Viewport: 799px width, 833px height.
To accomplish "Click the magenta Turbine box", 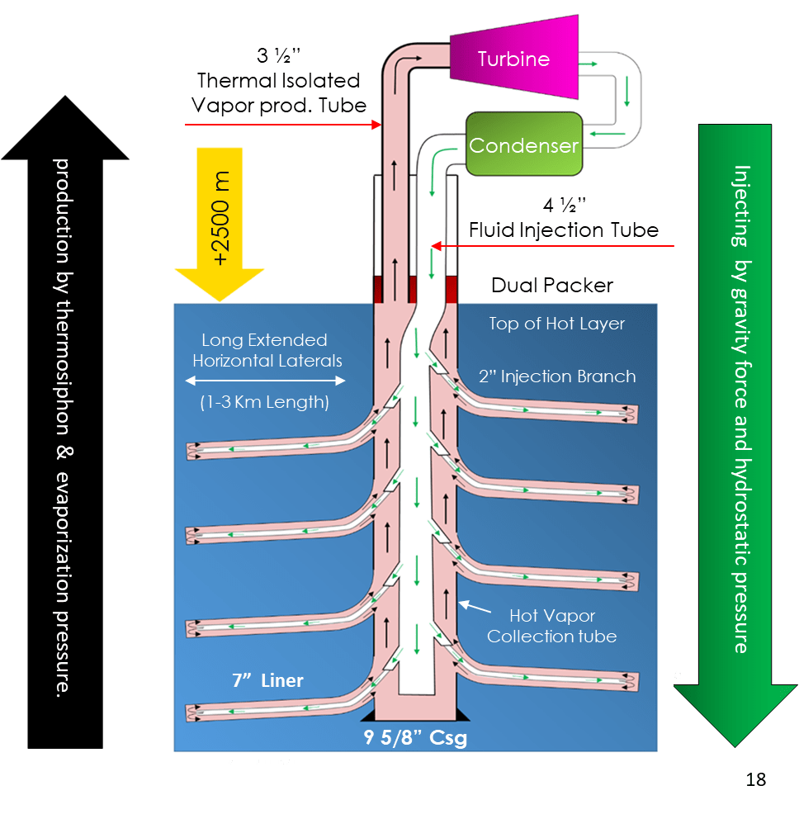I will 513,59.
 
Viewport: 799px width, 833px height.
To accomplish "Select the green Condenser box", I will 523,145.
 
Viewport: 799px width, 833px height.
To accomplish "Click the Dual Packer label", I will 552,286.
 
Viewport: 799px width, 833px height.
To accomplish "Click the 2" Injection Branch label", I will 557,376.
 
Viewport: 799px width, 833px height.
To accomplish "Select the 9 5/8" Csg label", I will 415,738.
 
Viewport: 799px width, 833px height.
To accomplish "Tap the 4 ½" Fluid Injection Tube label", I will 564,219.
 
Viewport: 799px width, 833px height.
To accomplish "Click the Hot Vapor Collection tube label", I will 552,626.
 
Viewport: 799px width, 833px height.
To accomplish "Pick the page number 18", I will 755,779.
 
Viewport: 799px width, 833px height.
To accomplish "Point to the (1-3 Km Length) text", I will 265,403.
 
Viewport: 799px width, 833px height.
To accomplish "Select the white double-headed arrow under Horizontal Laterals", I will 265,381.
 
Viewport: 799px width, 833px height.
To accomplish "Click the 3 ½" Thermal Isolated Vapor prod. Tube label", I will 279,81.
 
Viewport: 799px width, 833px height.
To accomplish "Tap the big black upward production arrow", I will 65,429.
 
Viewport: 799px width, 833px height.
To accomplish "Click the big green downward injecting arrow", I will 735,429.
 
